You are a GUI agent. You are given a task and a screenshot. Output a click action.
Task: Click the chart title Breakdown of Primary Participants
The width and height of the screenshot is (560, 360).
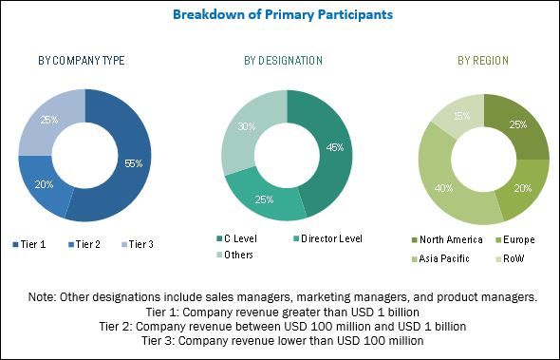pyautogui.click(x=279, y=15)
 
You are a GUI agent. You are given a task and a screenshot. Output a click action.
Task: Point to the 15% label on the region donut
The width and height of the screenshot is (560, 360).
pyautogui.click(x=460, y=117)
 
